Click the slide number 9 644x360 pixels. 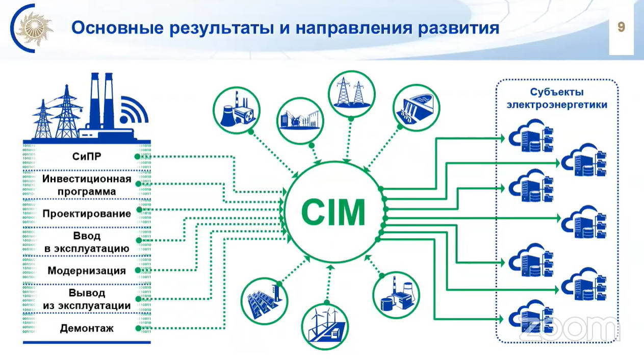[621, 28]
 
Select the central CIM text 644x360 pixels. [333, 213]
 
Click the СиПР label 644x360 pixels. [87, 157]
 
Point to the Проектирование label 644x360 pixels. [87, 214]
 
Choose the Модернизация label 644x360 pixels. [87, 271]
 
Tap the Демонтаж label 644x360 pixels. [87, 328]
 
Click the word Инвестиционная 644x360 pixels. [87, 179]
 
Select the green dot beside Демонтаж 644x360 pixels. [138, 328]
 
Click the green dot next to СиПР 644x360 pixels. [138, 157]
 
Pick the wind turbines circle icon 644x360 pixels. [325, 327]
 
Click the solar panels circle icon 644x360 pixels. [264, 301]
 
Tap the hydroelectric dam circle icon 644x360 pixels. [416, 108]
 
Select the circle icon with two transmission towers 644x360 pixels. [352, 94]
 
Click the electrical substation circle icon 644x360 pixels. [300, 121]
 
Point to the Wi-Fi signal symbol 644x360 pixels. [134, 110]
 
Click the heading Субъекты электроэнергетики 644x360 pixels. [557, 98]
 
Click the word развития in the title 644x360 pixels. [458, 29]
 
